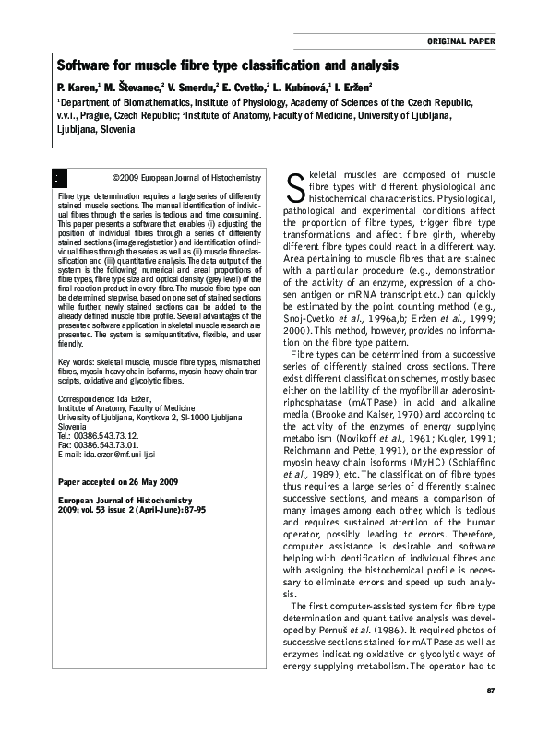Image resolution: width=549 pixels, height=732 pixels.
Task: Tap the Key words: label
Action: [x=79, y=339]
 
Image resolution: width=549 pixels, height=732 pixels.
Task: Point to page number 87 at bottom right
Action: [x=491, y=691]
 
